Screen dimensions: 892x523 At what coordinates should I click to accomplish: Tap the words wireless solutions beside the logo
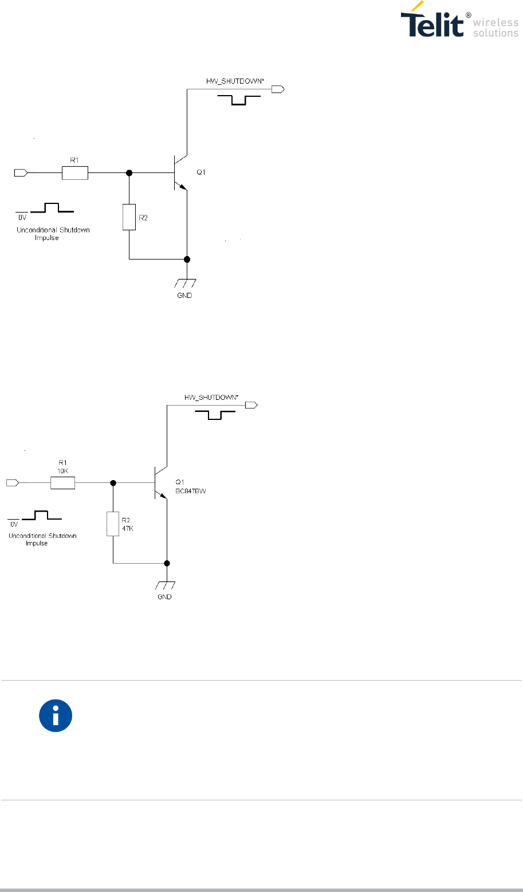point(496,27)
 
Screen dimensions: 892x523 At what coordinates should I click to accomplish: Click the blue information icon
point(56,715)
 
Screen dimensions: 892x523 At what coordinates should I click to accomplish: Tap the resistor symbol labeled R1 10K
point(62,484)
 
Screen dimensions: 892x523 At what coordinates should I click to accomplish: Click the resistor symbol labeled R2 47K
point(113,523)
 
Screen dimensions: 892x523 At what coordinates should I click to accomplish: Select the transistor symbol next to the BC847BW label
point(159,483)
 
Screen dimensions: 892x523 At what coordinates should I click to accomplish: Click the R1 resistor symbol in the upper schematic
point(75,172)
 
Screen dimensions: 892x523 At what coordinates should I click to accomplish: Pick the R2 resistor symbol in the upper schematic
point(129,217)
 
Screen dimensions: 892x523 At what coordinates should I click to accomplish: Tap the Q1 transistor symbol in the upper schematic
point(180,172)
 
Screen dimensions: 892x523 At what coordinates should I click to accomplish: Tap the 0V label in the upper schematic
point(21,218)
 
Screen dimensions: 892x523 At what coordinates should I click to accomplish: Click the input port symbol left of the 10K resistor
point(12,484)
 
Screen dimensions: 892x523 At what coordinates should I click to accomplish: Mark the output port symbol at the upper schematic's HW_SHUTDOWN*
point(278,89)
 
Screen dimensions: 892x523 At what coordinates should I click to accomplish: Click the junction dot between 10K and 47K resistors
point(113,484)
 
